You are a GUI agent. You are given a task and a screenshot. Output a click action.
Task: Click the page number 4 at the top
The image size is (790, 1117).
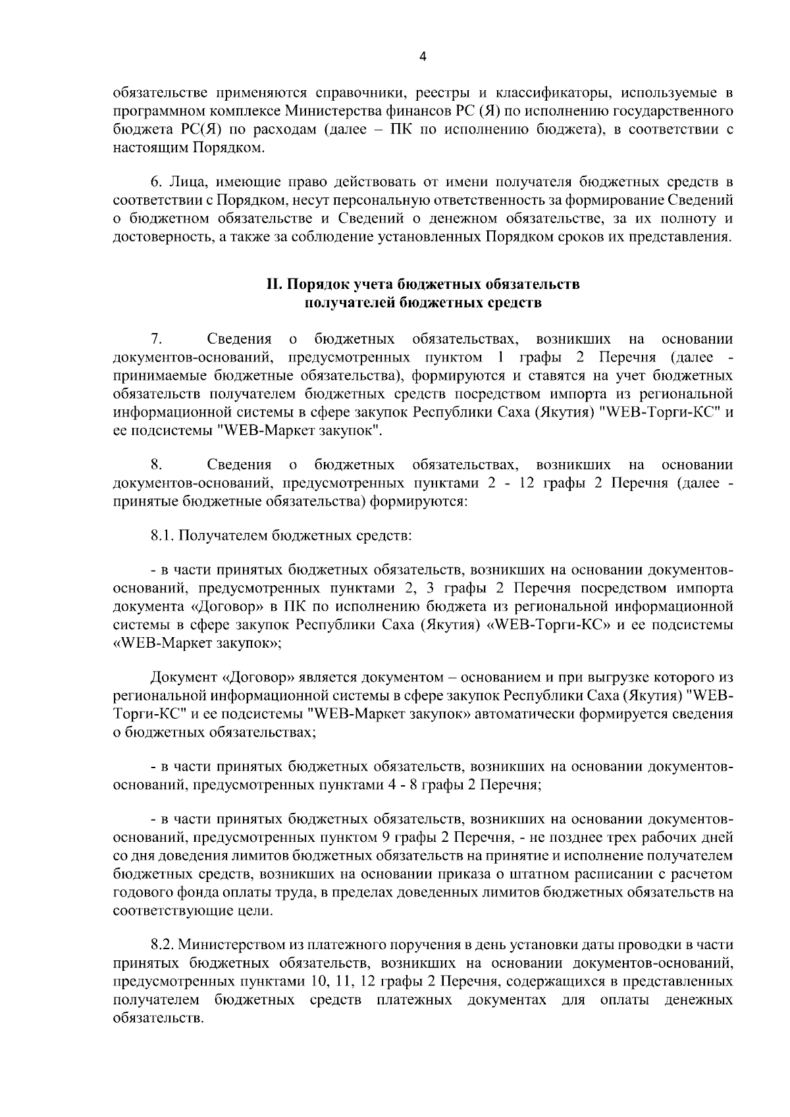coord(423,57)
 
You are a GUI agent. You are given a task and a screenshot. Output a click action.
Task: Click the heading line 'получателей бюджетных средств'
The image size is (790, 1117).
coord(423,303)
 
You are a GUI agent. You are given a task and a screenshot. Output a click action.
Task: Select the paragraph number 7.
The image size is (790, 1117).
coord(157,339)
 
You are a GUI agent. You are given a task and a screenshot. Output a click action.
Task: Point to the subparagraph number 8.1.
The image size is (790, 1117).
coord(163,535)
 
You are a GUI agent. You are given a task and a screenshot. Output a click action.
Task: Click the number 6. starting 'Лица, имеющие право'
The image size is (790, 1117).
coord(157,181)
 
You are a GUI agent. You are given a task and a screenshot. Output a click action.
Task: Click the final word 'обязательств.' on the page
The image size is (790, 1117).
coord(156,1019)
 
